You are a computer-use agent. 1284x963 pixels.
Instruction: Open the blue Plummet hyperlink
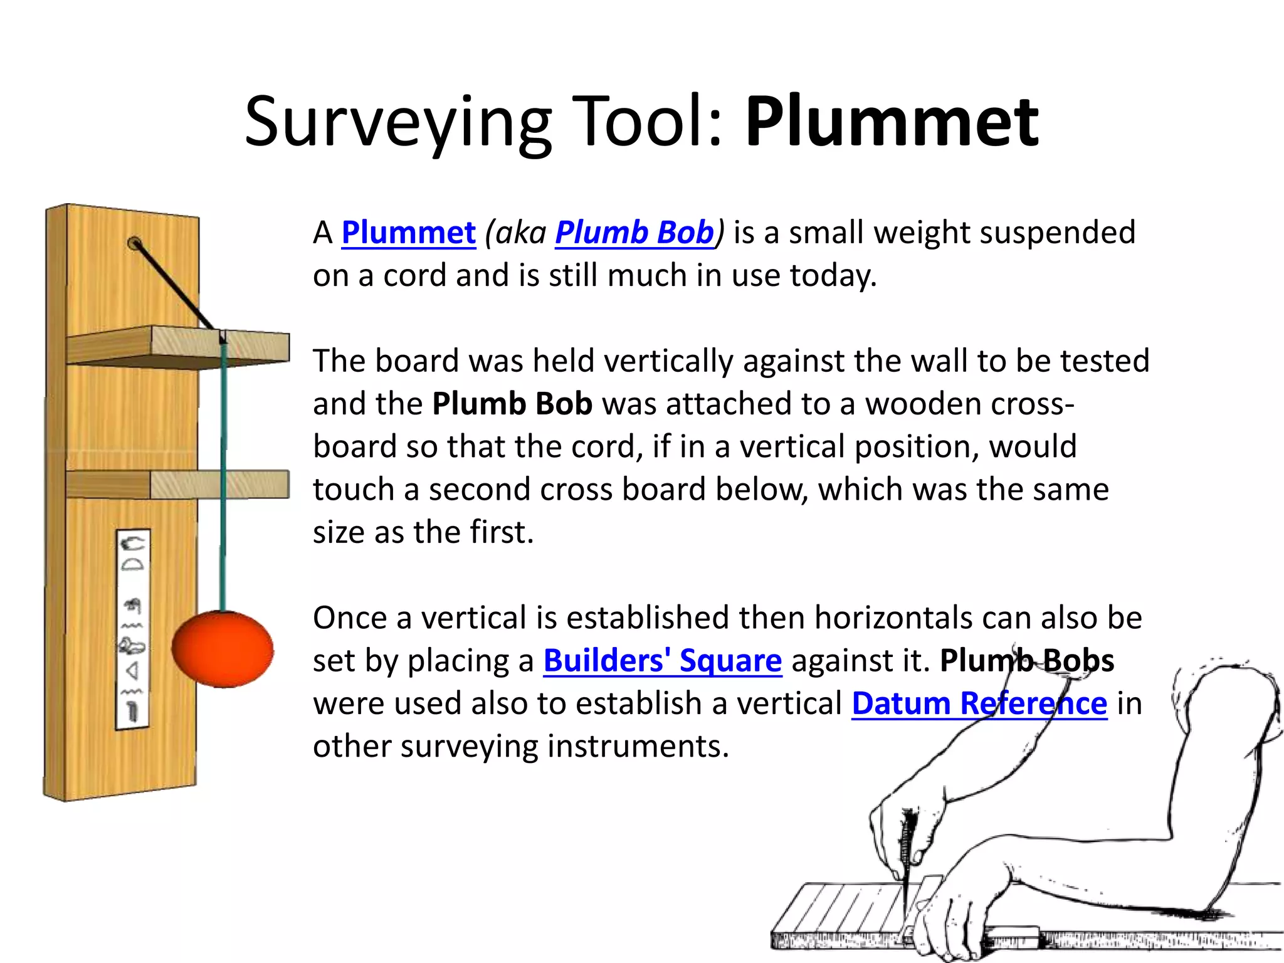(x=408, y=233)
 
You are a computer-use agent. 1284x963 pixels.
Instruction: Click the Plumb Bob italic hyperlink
(x=634, y=233)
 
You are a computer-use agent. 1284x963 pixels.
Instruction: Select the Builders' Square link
(x=662, y=661)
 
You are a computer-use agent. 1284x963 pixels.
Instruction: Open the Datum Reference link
(x=979, y=703)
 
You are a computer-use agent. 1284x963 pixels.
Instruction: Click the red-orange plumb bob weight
(x=223, y=649)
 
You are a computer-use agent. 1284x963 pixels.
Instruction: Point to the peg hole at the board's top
(x=134, y=243)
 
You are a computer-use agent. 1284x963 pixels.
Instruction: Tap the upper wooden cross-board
(x=177, y=346)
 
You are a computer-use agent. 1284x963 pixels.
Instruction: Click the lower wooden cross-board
(x=177, y=485)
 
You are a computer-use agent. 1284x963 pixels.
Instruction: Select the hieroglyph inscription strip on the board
(x=132, y=629)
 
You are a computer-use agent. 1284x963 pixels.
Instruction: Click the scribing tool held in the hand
(x=905, y=859)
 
